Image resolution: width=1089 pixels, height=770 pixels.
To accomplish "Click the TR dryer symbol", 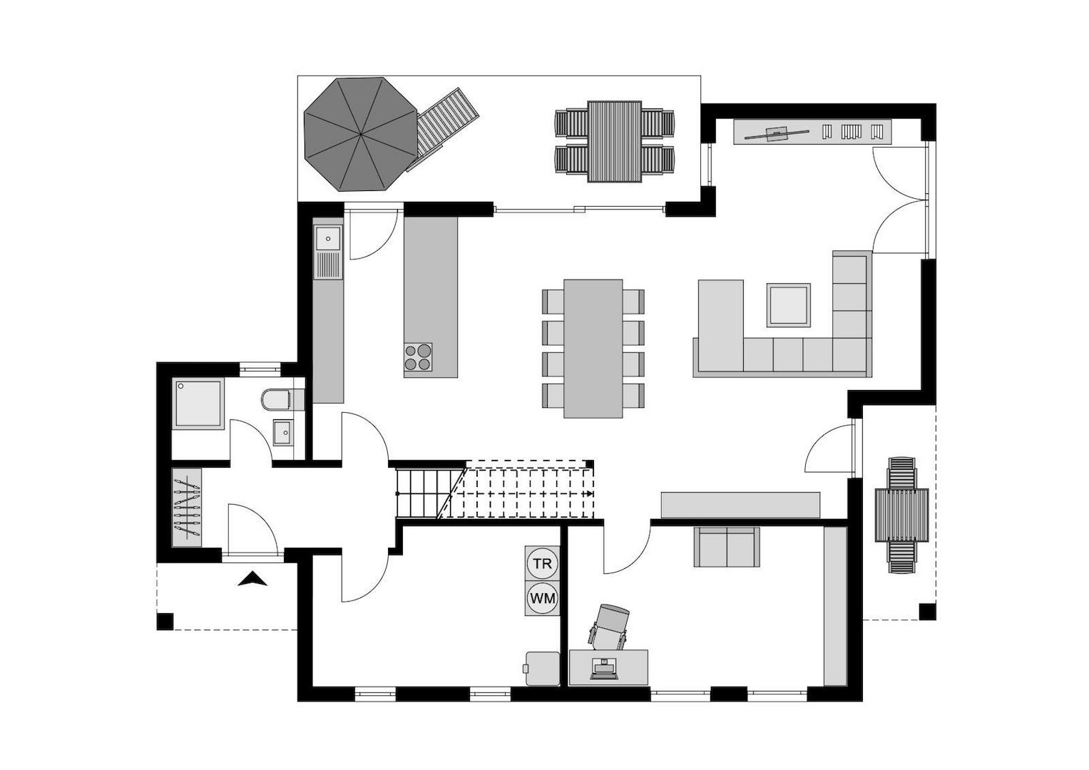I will (542, 564).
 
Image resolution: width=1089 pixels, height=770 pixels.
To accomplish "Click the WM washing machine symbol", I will (542, 598).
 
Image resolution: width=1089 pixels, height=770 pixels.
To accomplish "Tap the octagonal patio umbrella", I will (361, 134).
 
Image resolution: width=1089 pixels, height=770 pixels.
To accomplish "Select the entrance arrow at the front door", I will (252, 579).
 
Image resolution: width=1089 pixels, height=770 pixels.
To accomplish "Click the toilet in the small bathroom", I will (275, 400).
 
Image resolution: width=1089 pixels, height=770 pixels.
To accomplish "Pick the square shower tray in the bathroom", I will (198, 404).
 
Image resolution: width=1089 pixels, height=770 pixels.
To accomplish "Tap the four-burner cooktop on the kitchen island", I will (418, 356).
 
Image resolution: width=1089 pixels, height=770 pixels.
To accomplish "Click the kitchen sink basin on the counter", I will (328, 237).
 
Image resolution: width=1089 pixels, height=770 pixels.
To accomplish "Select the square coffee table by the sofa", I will (788, 305).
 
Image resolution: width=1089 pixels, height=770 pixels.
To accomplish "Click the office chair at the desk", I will (610, 624).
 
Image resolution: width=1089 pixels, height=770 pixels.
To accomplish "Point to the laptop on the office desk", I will (605, 669).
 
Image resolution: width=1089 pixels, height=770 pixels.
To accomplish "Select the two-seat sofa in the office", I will (727, 547).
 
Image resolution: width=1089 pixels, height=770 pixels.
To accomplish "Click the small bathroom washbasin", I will (282, 431).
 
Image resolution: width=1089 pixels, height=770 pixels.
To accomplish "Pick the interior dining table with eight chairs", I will (593, 348).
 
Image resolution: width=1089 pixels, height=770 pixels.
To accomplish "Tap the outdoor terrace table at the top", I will (614, 141).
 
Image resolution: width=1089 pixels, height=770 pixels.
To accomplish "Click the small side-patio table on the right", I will (901, 515).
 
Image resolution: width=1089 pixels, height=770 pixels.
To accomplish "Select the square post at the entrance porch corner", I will (165, 621).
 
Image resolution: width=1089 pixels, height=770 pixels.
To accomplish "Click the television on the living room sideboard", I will (777, 132).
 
